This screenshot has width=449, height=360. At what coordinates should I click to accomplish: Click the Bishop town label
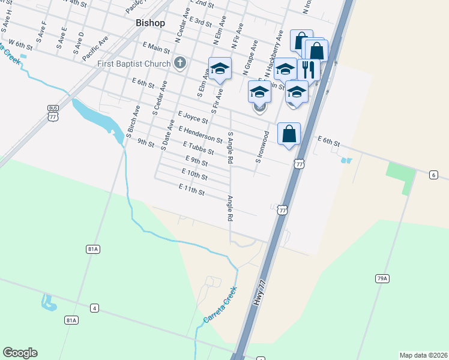[x=146, y=23]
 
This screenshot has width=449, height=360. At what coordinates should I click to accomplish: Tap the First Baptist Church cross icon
[x=179, y=62]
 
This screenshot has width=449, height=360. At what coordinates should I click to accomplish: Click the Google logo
[x=20, y=353]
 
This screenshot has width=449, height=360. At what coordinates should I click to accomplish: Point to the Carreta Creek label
[x=220, y=305]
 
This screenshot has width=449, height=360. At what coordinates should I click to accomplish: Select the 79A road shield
[x=382, y=278]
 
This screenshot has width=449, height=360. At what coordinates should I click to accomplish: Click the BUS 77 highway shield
[x=54, y=113]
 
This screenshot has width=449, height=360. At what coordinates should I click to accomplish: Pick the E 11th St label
[x=192, y=190]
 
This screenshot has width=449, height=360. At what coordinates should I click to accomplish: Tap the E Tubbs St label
[x=198, y=147]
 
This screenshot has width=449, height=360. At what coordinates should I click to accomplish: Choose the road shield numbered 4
[x=94, y=308]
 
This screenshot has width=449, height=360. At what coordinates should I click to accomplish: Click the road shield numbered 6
[x=433, y=175]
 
